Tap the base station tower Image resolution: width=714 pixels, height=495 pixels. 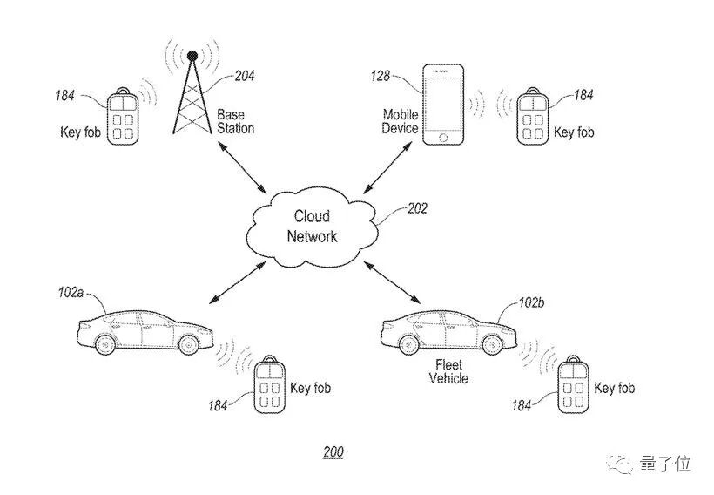click(x=192, y=96)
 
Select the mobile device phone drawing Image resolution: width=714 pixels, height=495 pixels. click(x=441, y=105)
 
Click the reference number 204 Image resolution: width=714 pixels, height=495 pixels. click(x=245, y=76)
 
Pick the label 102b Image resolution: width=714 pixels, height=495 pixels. click(x=530, y=303)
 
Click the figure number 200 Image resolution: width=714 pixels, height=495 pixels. click(x=333, y=452)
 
